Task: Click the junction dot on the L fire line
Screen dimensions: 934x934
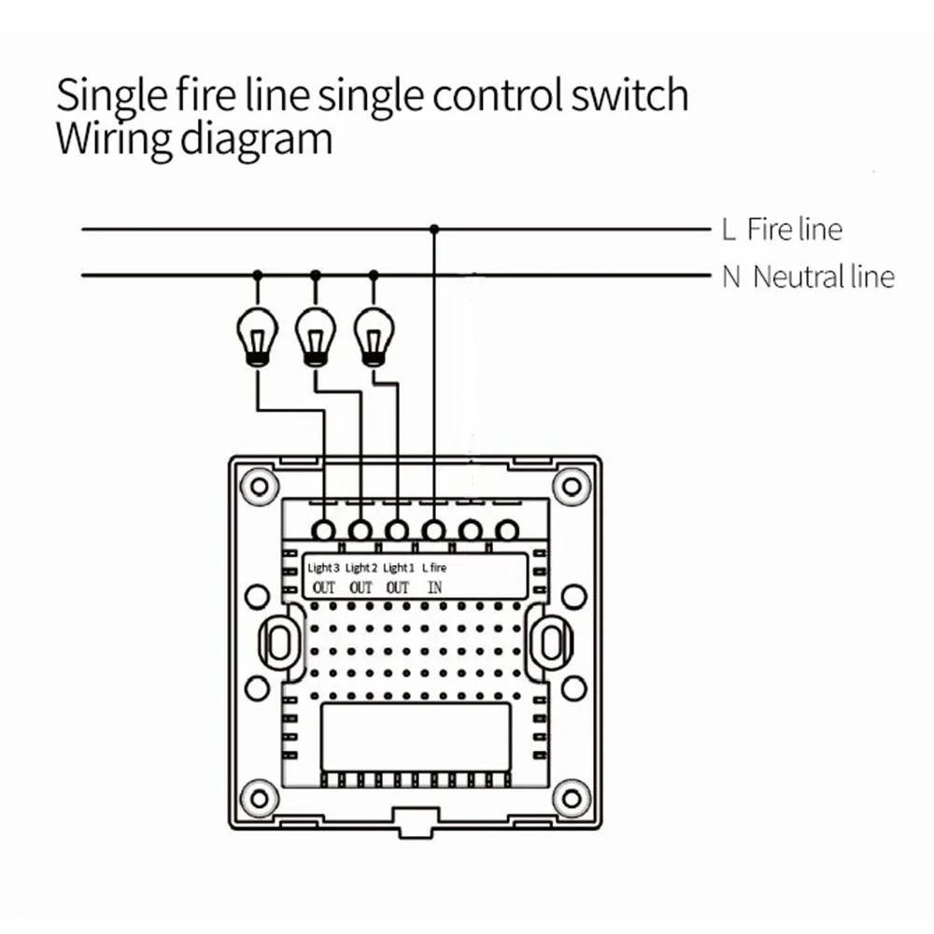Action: (x=434, y=230)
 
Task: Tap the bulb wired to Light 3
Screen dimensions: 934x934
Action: (x=258, y=337)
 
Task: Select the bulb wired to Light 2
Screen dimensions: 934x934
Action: (x=315, y=337)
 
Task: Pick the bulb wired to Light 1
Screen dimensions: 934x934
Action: (x=374, y=337)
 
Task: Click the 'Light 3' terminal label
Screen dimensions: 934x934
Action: (x=323, y=568)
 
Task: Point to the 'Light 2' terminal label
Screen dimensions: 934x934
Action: (x=361, y=568)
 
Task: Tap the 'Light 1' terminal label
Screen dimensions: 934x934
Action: (x=398, y=568)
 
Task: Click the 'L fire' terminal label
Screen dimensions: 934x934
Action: (x=434, y=568)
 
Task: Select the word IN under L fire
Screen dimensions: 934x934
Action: (x=435, y=587)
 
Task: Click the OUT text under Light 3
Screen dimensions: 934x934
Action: (x=324, y=587)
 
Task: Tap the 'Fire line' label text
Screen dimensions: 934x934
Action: (x=795, y=230)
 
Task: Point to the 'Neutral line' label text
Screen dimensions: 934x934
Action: (x=824, y=277)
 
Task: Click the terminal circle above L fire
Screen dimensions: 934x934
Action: (x=434, y=530)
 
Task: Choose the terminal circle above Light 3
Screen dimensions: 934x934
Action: (x=324, y=530)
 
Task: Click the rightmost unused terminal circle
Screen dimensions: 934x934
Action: (x=507, y=530)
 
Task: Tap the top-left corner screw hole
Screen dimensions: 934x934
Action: (x=259, y=487)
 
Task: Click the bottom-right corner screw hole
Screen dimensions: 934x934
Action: (x=572, y=799)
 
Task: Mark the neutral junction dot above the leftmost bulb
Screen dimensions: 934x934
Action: (x=258, y=276)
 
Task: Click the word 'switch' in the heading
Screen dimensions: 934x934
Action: (x=630, y=95)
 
